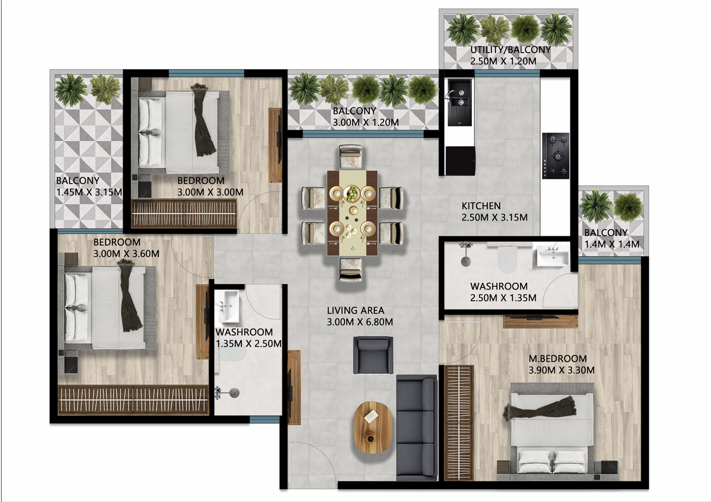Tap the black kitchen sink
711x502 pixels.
pos(460,102)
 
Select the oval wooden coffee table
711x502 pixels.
pos(373,427)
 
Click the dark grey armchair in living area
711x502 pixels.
pos(373,354)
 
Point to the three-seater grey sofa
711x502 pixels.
pos(416,428)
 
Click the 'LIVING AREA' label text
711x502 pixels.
pos(355,311)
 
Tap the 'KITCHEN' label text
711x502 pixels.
pos(481,206)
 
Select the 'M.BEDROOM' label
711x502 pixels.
pos(557,359)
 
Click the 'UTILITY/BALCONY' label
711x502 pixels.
pos(510,50)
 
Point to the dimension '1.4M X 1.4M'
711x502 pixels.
pos(611,244)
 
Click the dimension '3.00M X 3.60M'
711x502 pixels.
pos(126,254)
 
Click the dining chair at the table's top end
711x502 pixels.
pos(351,156)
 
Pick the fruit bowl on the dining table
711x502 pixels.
pos(352,193)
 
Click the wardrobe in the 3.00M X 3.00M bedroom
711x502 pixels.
pos(184,214)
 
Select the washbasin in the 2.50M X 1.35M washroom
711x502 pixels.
pos(553,255)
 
